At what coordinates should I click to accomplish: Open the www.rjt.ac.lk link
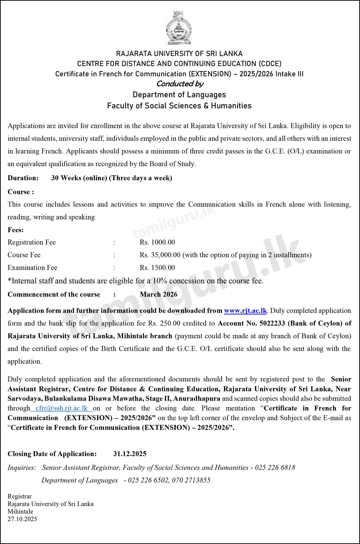coord(245,311)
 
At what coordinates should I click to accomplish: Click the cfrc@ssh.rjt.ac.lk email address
coord(61,408)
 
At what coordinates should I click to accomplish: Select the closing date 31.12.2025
coord(130,454)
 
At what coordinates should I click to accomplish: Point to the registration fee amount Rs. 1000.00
coord(157,242)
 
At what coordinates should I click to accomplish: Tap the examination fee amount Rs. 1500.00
coord(157,267)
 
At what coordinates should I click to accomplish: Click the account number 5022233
coord(272,323)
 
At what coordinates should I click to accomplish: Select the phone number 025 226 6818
coord(275,467)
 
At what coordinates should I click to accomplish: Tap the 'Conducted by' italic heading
coord(180,84)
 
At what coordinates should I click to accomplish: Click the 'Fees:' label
coord(16,230)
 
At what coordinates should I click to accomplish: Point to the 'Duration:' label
coord(23,178)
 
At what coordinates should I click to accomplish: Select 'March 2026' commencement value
coord(159,294)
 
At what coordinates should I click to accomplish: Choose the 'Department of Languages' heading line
coord(179,95)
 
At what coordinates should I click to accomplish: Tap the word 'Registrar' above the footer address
coord(20,496)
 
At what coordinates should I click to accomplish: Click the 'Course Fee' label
coord(24,255)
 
